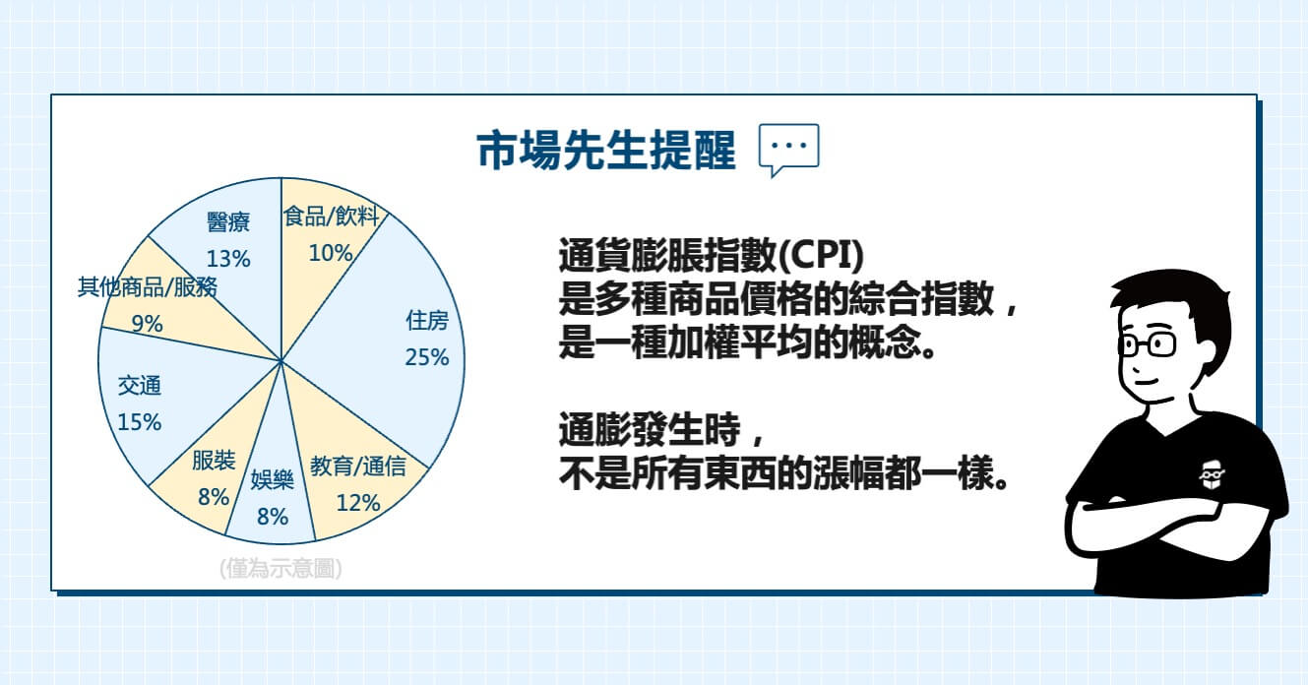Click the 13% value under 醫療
point(228,259)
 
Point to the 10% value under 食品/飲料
point(331,253)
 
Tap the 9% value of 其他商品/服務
point(148,324)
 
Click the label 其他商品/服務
point(148,286)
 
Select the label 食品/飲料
point(331,217)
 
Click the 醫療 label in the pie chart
point(228,221)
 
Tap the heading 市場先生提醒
point(606,150)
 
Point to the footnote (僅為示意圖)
point(280,568)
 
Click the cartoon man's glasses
point(1148,345)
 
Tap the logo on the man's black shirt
point(1212,475)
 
